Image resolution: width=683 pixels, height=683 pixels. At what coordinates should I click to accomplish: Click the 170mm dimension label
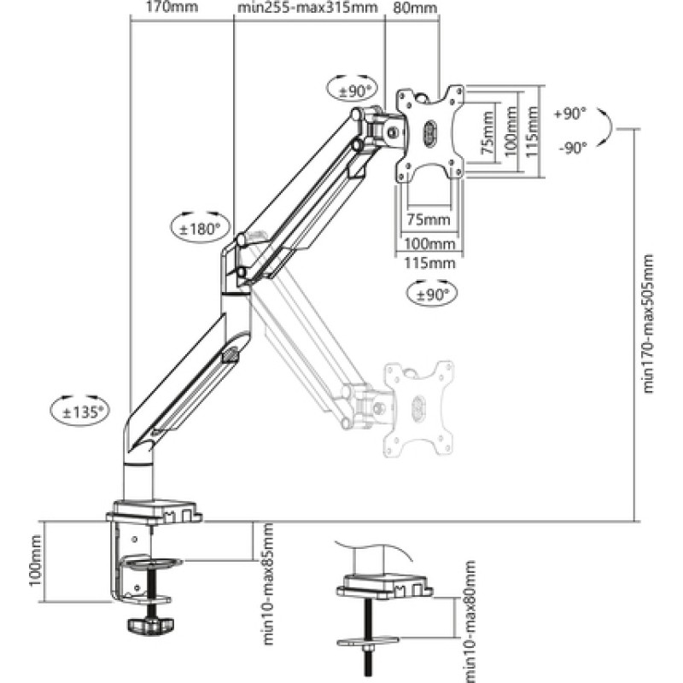point(166,8)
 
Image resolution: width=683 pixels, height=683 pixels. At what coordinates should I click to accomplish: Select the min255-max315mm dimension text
point(307,8)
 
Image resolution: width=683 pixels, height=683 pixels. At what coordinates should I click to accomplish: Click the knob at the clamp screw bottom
point(149,627)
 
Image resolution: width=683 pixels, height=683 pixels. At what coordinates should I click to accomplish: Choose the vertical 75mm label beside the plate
point(487,137)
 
